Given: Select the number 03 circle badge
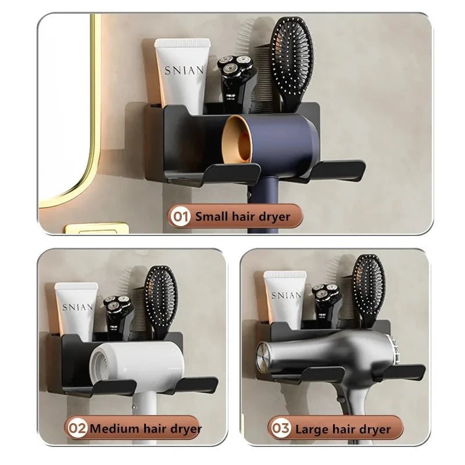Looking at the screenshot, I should point(280,429).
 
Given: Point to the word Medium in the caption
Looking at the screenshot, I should point(113,429).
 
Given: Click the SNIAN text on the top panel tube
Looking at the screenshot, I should point(184,70).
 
